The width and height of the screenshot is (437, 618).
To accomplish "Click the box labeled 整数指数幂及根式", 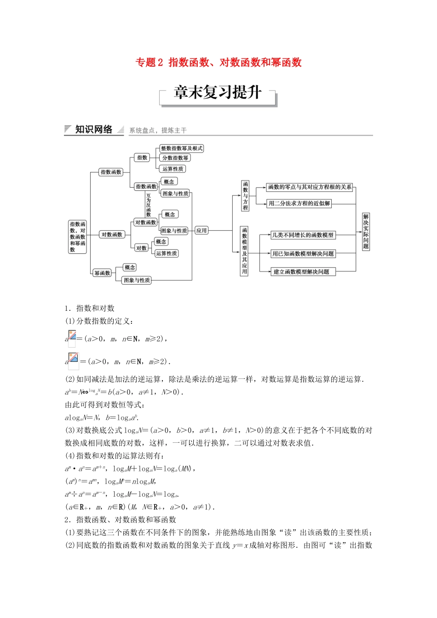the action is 182,149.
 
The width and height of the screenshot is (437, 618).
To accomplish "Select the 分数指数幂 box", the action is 175,158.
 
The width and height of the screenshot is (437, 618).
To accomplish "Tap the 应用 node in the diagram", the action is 201,230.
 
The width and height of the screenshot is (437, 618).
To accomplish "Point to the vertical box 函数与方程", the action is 245,195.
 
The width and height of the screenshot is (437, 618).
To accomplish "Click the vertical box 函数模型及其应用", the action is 244,251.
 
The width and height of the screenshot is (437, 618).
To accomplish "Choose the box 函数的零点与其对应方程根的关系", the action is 310,187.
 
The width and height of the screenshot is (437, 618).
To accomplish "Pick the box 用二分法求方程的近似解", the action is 299,203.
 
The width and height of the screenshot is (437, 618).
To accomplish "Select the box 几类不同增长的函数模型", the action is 303,235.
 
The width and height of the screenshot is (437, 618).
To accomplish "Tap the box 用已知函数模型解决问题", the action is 303,253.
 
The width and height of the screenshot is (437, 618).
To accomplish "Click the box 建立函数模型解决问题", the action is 302,272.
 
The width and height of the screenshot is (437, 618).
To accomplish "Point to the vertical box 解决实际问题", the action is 366,231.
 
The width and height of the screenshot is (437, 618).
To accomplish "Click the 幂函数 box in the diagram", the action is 102,273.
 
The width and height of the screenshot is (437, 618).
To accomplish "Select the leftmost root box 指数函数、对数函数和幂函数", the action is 77,237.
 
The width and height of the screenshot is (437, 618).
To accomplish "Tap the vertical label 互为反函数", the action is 148,205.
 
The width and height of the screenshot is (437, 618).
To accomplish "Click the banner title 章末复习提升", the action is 218,93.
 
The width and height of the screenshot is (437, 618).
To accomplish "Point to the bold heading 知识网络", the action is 94,130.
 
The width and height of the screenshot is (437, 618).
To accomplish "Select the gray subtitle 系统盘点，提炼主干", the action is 158,131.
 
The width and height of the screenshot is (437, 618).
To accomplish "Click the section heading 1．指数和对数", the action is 90,308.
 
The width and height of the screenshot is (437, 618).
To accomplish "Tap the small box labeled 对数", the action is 141,248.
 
